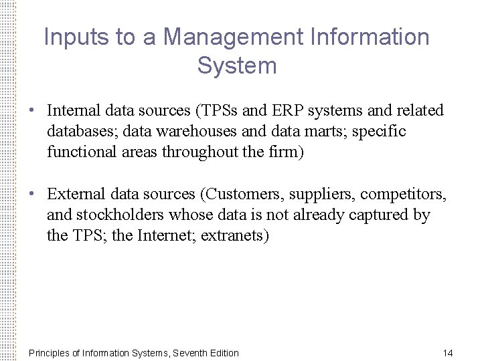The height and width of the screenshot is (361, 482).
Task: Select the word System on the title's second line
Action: click(237, 66)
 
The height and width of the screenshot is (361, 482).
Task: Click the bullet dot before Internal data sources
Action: click(31, 110)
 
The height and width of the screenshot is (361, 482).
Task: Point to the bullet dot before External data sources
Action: click(31, 195)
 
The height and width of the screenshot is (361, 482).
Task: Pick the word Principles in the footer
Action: click(49, 353)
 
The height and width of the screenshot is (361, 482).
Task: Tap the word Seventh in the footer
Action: click(189, 353)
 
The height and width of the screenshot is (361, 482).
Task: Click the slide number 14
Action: click(448, 353)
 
